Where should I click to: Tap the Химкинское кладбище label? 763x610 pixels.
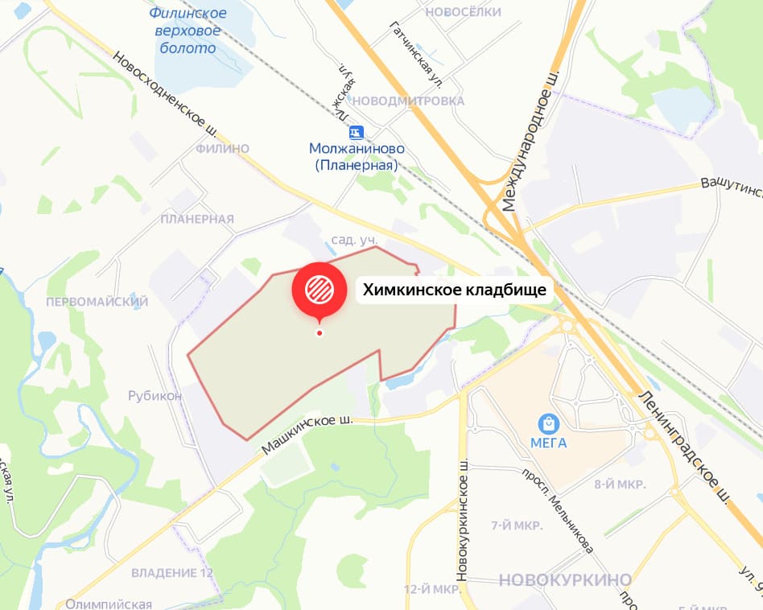click(455, 290)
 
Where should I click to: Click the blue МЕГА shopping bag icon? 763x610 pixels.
click(549, 422)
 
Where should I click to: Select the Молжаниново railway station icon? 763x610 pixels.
click(356, 132)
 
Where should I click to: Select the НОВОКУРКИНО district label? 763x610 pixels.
click(565, 580)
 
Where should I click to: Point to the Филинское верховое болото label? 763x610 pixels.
click(188, 31)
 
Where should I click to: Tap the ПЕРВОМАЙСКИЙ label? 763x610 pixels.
click(97, 302)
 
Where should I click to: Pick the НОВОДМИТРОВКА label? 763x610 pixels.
click(409, 101)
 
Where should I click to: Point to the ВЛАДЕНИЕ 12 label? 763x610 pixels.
click(172, 573)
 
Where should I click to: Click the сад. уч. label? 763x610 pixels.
click(355, 240)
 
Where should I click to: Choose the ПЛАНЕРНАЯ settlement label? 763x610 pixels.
click(197, 219)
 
